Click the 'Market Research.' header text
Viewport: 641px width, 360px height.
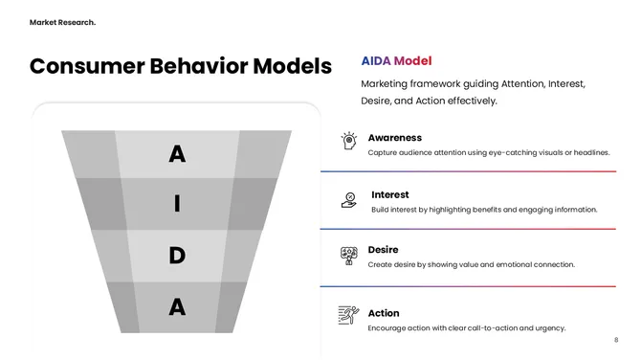tap(62, 22)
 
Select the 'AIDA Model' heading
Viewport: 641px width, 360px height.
tap(396, 60)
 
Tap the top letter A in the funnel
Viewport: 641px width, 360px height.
tap(177, 153)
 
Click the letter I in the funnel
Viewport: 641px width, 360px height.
tap(177, 204)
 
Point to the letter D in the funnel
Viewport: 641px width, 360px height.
tap(177, 256)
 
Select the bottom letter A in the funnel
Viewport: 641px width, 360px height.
tap(177, 307)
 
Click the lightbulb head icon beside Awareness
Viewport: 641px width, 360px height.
tap(349, 141)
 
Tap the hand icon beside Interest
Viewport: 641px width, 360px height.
tap(349, 199)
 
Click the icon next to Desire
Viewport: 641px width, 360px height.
tap(349, 255)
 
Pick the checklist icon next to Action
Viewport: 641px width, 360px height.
tap(349, 315)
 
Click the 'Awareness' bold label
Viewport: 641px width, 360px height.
tap(394, 138)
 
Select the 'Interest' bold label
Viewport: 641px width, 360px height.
tap(390, 195)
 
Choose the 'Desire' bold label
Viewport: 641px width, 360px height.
tap(383, 250)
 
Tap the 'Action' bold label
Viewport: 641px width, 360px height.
tap(384, 313)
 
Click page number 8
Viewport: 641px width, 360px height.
tap(616, 340)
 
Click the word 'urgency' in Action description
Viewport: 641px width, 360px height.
tap(548, 328)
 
